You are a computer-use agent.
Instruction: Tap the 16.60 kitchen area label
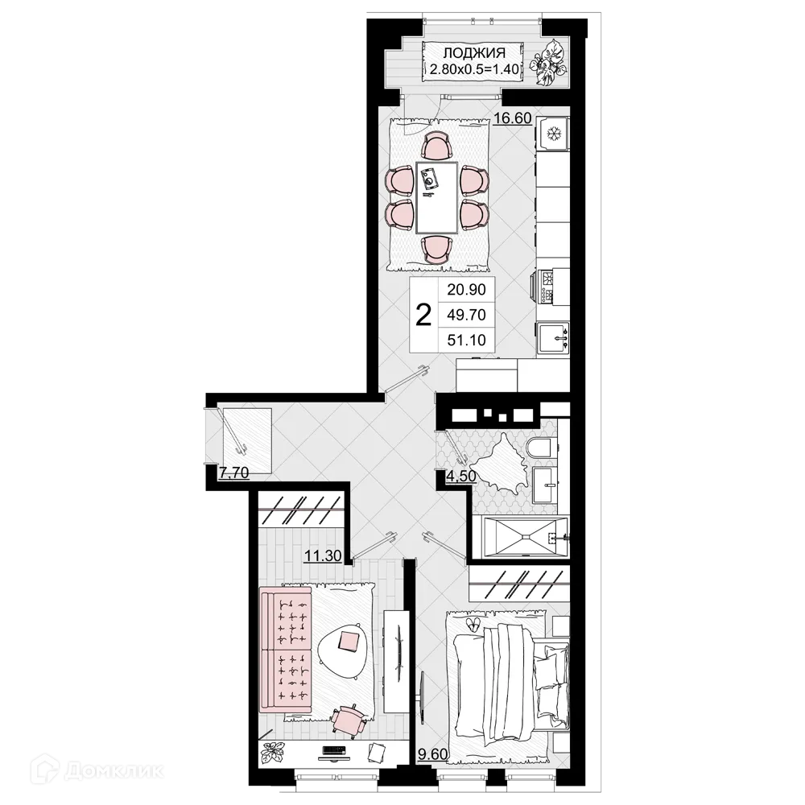pyautogui.click(x=512, y=118)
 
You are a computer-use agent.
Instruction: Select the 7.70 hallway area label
pyautogui.click(x=233, y=473)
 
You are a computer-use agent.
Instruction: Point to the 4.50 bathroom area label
pyautogui.click(x=460, y=475)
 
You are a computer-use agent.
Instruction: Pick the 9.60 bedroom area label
pyautogui.click(x=432, y=754)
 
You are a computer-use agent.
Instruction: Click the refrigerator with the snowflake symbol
pyautogui.click(x=553, y=133)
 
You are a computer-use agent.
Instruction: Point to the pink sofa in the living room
pyautogui.click(x=285, y=649)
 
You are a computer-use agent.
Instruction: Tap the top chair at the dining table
pyautogui.click(x=436, y=147)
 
